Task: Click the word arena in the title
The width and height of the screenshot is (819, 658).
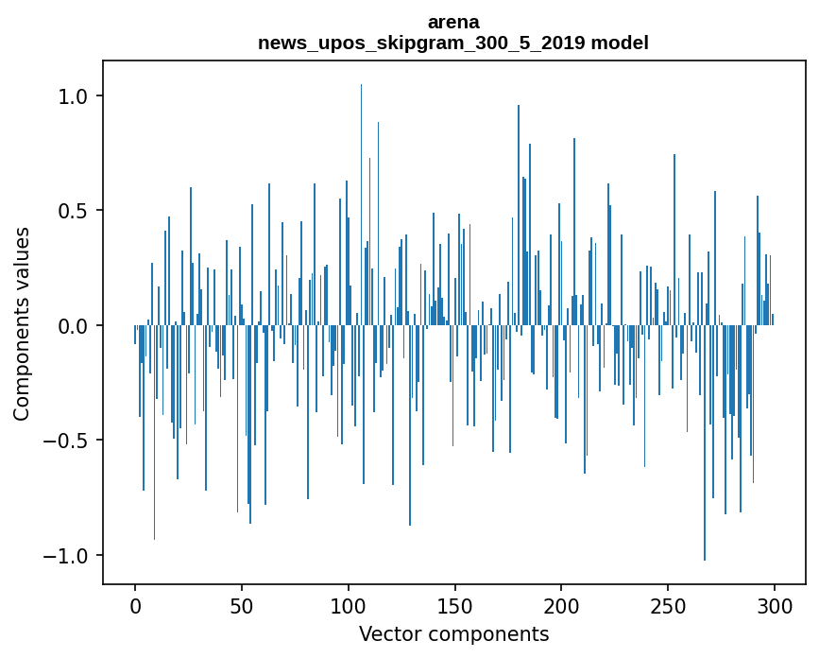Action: [453, 22]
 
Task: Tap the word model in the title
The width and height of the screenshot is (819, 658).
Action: [622, 43]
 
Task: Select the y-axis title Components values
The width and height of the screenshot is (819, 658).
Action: [22, 323]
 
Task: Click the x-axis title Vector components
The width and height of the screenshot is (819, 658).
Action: [453, 634]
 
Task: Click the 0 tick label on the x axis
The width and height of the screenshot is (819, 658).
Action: [135, 605]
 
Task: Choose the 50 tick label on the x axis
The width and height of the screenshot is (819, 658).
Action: [242, 605]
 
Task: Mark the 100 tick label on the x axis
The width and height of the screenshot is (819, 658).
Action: [349, 605]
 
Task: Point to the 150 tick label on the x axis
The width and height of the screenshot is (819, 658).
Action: [455, 605]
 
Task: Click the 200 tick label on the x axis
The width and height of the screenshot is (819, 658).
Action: [562, 605]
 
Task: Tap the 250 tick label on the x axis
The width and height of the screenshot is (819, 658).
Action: [669, 605]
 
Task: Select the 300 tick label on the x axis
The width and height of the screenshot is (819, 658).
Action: [775, 605]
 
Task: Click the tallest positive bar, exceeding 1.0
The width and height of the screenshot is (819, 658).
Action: [361, 189]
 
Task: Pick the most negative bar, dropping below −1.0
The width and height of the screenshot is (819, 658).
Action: [705, 454]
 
